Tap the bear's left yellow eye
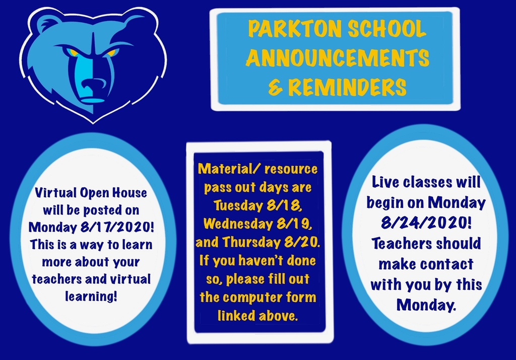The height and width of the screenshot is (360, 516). coord(72,52)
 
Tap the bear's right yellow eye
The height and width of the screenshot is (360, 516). coord(112,52)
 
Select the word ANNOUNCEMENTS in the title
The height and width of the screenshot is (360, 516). coord(337,58)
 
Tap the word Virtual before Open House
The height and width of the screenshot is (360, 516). coord(54,192)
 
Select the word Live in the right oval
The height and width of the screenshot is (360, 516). coord(388,182)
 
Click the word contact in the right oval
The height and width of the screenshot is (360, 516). coord(447,263)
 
